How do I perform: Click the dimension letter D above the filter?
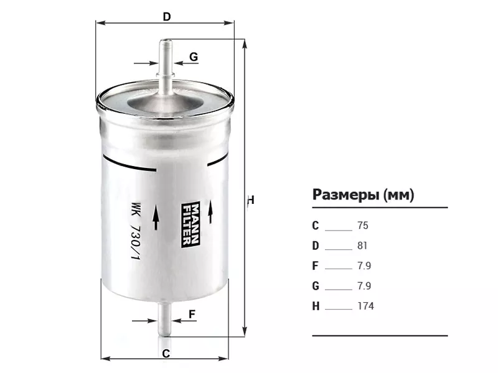tap(167, 17)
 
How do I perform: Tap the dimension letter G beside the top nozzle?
tap(194, 57)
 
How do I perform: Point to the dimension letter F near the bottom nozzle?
tap(192, 314)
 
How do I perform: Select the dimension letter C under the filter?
tap(166, 353)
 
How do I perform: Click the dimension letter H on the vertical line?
tap(251, 200)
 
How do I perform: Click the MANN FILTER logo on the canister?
tap(190, 224)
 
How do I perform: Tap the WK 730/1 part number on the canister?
tap(136, 231)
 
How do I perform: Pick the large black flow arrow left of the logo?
tap(156, 217)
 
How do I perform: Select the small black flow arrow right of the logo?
tap(210, 211)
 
